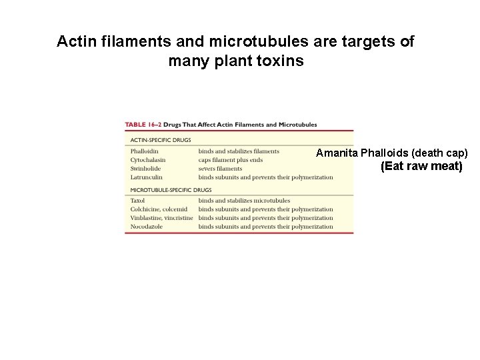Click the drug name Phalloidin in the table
(144, 151)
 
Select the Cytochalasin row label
(148, 160)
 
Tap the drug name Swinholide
(145, 169)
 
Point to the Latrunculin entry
(146, 177)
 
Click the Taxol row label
(137, 201)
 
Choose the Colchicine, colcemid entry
(159, 209)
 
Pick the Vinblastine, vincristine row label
(161, 218)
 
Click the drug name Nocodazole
(146, 227)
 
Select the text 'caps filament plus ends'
(231, 160)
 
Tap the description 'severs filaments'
(220, 169)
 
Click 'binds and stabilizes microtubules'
(244, 201)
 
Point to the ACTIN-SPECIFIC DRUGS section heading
(160, 140)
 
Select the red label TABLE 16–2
(143, 125)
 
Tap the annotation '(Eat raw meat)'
(421, 166)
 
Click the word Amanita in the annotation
(337, 153)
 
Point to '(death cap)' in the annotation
(439, 153)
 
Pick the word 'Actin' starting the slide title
(73, 41)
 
